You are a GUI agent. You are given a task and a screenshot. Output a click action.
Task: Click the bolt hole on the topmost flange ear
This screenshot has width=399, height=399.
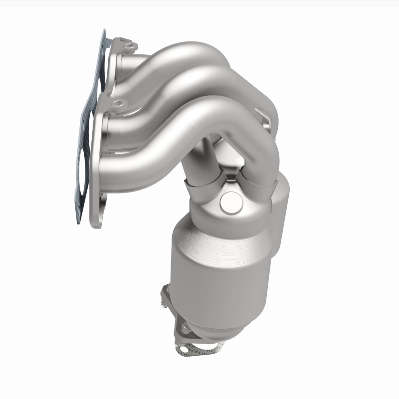pos(131,46)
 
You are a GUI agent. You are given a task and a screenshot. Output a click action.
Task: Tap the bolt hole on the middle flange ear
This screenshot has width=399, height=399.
pos(117,104)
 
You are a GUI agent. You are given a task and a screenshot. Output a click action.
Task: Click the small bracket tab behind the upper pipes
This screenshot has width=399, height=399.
pos(267,120)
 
